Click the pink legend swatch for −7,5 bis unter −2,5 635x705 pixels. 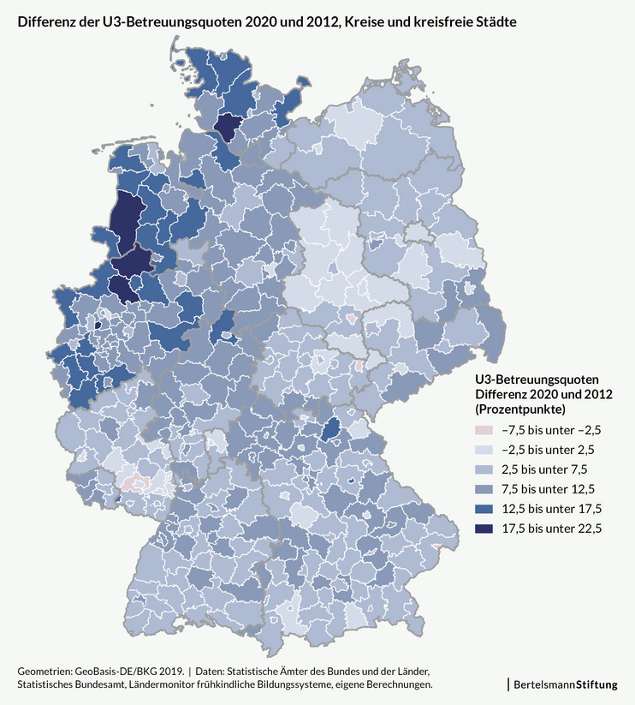click(x=484, y=429)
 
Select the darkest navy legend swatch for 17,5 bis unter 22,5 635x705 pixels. click(x=484, y=529)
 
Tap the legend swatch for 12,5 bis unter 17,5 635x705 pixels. click(x=484, y=509)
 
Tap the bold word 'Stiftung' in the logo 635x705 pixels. click(x=596, y=684)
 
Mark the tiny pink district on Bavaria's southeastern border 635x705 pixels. click(x=437, y=546)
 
